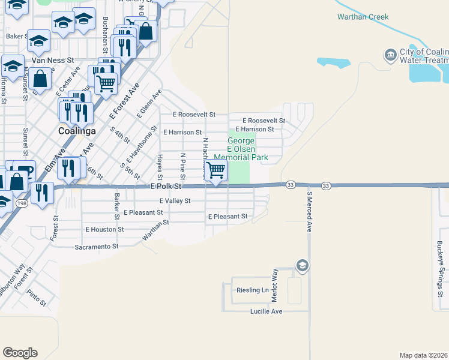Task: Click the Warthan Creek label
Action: (x=363, y=17)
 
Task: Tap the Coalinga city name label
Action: (x=77, y=130)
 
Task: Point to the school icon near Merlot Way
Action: (x=302, y=265)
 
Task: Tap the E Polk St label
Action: (x=165, y=187)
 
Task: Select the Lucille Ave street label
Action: (x=266, y=311)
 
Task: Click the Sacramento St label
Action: (x=97, y=247)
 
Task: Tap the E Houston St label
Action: (x=104, y=229)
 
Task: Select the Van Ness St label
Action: (x=52, y=60)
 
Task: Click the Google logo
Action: (x=20, y=353)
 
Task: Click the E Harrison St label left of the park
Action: (x=182, y=132)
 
